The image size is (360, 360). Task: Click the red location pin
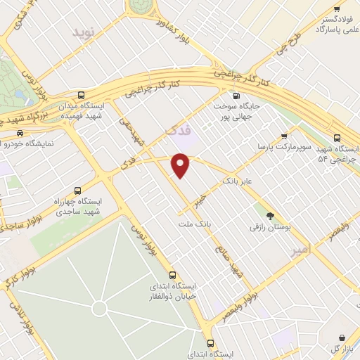point(181,165)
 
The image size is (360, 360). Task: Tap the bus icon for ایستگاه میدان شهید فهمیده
point(82,95)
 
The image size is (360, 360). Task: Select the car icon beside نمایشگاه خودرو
point(20,134)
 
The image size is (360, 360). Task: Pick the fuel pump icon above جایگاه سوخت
point(236,96)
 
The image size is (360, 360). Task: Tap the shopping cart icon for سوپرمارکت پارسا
point(284,136)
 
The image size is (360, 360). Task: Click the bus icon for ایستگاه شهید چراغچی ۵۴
point(337,138)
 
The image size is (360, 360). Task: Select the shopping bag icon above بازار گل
point(342,337)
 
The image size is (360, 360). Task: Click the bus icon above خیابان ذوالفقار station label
point(172,275)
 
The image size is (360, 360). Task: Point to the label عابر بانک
point(237,182)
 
